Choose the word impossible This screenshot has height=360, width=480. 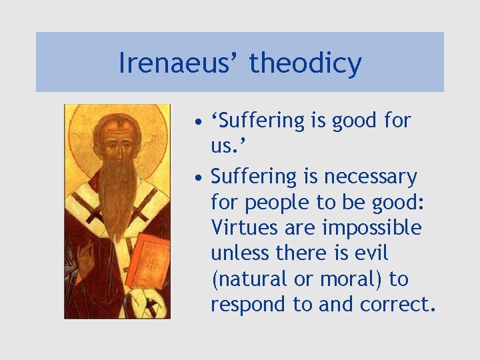tap(372, 227)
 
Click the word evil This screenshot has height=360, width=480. tap(373, 253)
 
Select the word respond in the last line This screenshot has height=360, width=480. tap(249, 305)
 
